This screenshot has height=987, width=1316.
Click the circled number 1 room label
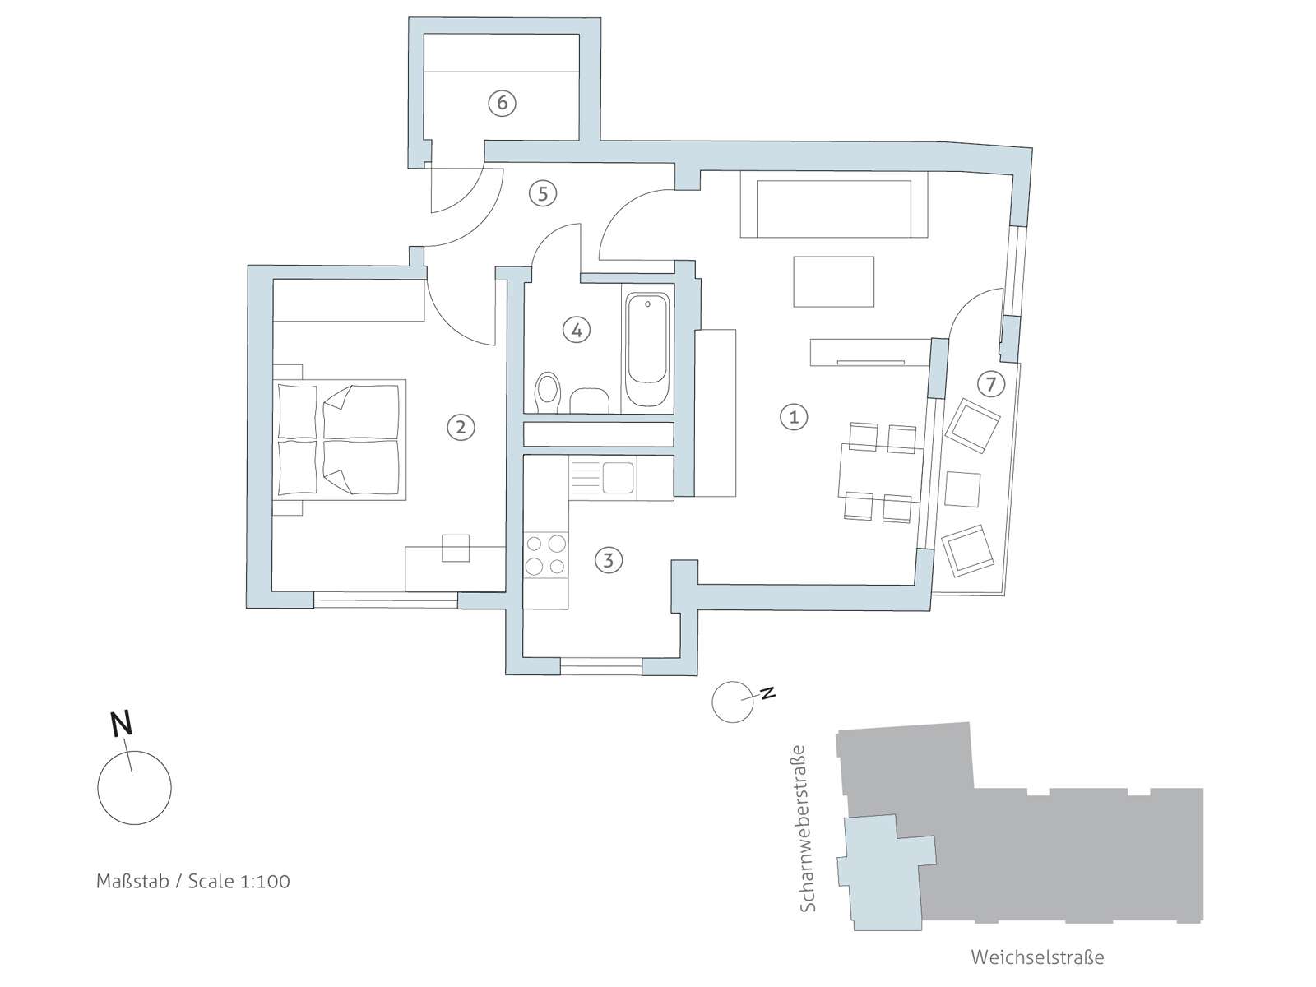click(x=794, y=416)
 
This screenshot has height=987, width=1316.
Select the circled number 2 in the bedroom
click(x=461, y=427)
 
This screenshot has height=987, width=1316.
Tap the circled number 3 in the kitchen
click(x=608, y=560)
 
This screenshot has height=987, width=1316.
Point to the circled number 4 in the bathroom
click(x=577, y=330)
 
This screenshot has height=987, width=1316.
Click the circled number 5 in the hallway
click(x=543, y=193)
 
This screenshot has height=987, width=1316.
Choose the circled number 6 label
click(x=502, y=103)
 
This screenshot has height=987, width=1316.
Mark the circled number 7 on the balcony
click(x=990, y=383)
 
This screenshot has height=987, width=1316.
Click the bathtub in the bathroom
click(x=647, y=350)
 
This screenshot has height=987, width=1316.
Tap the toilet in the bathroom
click(x=547, y=392)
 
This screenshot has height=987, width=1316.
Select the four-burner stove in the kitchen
click(x=545, y=555)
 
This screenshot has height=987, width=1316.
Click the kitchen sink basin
click(x=618, y=478)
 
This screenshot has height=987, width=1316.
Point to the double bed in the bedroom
click(x=340, y=439)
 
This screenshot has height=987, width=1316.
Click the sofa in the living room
click(x=834, y=204)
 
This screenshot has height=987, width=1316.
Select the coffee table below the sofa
click(x=833, y=281)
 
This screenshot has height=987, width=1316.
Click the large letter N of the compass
click(x=122, y=723)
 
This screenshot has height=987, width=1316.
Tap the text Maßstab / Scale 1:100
click(x=193, y=881)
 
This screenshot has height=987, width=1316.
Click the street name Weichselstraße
click(x=1037, y=957)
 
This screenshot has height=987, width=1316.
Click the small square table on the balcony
click(x=962, y=489)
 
